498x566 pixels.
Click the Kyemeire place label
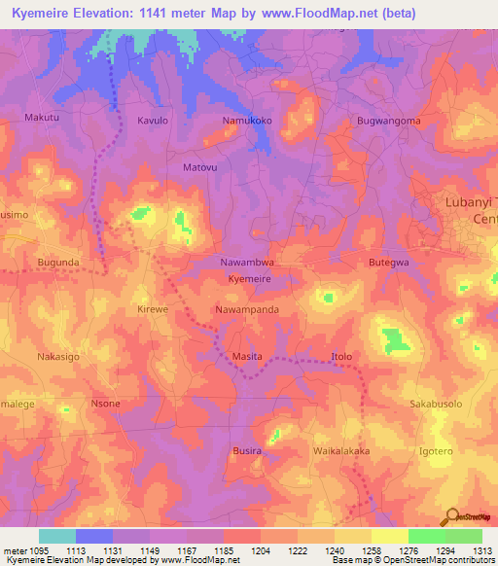click(249, 279)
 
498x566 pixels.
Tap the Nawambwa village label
click(249, 263)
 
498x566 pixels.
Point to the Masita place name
click(246, 357)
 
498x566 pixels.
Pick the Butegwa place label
click(388, 263)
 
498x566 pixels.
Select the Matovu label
click(200, 167)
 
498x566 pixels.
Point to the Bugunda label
click(58, 263)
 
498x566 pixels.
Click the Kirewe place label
click(154, 309)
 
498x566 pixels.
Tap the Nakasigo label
click(57, 357)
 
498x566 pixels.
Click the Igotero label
click(436, 451)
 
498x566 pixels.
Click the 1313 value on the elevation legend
click(483, 549)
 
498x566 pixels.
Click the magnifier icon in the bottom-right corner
click(449, 516)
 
